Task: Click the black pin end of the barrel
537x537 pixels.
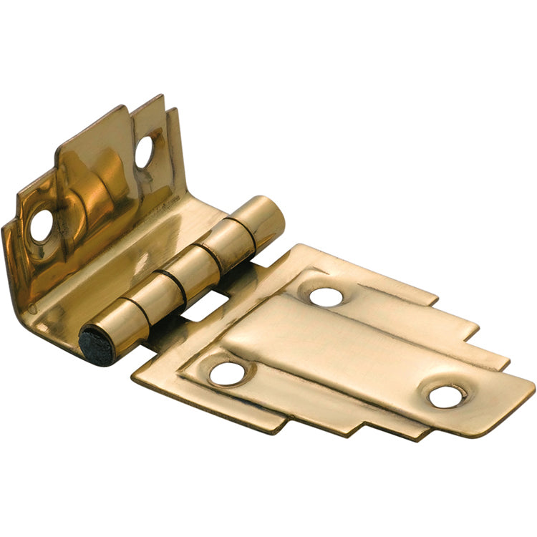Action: click(96, 345)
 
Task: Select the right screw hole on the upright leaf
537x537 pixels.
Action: click(145, 151)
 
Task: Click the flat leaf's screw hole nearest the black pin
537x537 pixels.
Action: click(228, 372)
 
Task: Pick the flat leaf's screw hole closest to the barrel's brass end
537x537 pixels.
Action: click(326, 296)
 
